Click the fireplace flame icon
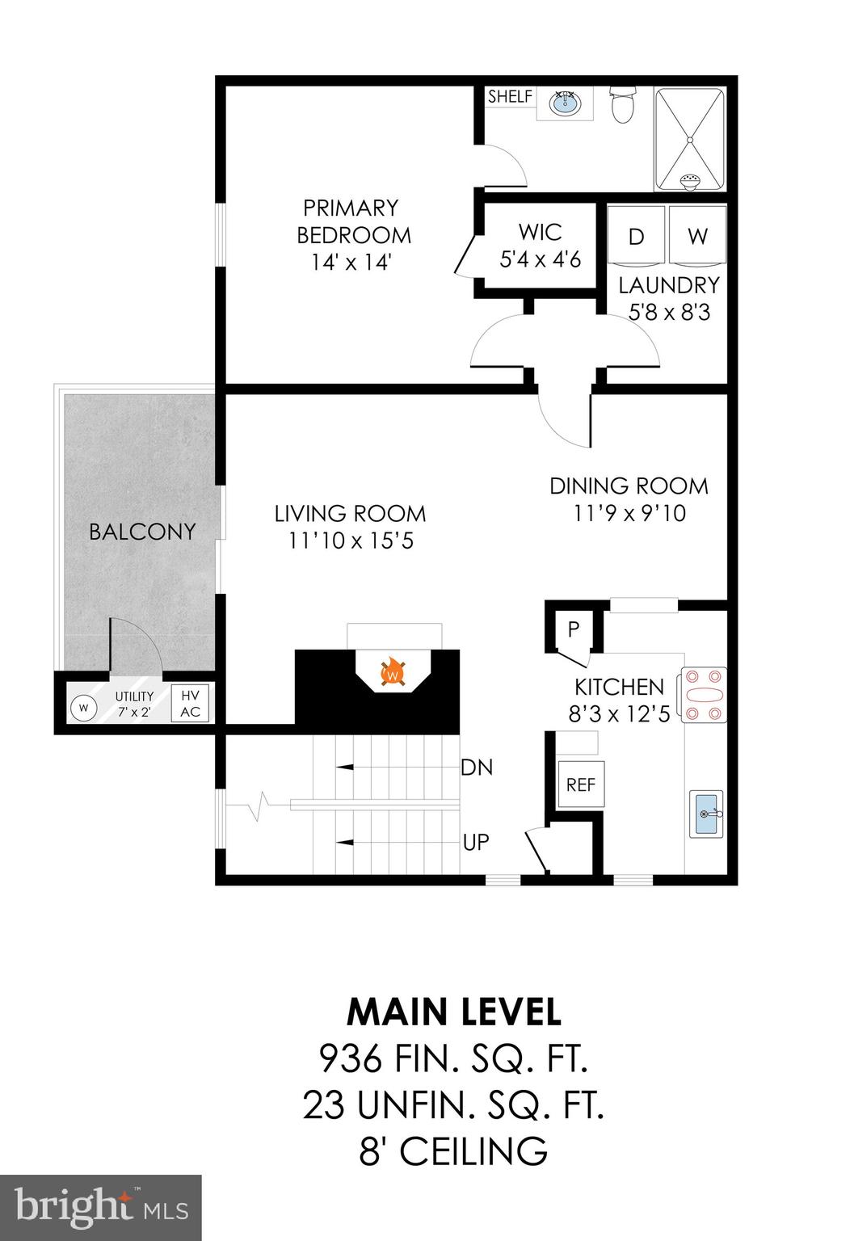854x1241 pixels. pos(393,672)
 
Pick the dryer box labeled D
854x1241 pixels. pos(636,236)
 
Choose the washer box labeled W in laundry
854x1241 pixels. pos(697,236)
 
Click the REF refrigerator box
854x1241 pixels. pos(581,784)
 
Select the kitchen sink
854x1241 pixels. pos(706,814)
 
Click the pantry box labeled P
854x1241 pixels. pos(574,629)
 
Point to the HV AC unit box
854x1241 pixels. pos(190,704)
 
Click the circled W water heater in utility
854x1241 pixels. pos(83,708)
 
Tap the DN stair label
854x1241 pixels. pos(477,767)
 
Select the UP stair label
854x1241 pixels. pos(476,842)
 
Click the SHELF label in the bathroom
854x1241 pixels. pos(510,97)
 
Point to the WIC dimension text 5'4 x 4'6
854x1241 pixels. pos(541,259)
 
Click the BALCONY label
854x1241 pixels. pos(142,532)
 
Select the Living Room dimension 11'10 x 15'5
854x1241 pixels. pos(351,541)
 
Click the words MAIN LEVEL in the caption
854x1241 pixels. pos(453,1012)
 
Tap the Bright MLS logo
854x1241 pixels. pos(101,1207)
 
